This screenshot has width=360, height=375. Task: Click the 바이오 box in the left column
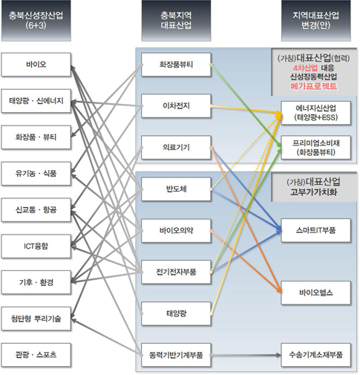tap(36, 65)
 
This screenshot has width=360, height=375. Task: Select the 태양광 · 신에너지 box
tap(36, 101)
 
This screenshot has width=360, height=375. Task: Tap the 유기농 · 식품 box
tap(36, 174)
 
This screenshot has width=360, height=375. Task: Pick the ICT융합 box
tap(36, 247)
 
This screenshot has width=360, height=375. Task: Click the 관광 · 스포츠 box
tap(36, 355)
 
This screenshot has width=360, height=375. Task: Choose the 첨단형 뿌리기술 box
tap(36, 319)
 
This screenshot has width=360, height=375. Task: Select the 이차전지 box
tap(176, 106)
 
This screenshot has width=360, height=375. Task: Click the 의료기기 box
tap(176, 148)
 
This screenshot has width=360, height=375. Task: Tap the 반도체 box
tap(176, 189)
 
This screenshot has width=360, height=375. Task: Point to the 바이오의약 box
tap(176, 231)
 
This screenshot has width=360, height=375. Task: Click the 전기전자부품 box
tap(176, 272)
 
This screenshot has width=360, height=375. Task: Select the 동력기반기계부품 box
tap(176, 355)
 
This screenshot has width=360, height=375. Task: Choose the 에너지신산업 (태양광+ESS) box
tap(316, 113)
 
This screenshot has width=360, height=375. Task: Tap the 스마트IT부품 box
tap(316, 230)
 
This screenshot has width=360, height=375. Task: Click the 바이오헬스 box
tap(316, 293)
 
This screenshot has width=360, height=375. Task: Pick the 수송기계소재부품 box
tap(316, 355)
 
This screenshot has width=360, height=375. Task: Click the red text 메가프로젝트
tap(314, 86)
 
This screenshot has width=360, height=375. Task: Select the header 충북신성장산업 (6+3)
tap(36, 21)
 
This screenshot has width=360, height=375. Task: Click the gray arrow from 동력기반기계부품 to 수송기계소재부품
tap(246, 355)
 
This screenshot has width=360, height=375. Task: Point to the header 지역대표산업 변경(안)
tap(316, 21)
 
